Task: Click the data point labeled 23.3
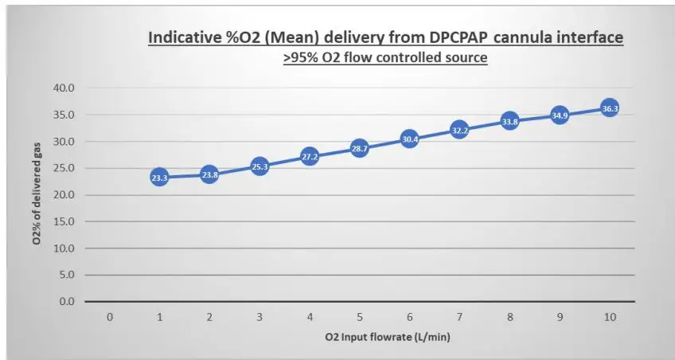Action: [159, 178]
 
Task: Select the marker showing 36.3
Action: [610, 108]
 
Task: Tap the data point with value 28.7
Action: [359, 149]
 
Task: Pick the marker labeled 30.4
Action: [409, 139]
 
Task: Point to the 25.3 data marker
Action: [259, 167]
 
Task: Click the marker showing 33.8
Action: [509, 122]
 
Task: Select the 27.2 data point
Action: [310, 157]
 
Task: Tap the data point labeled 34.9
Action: [560, 115]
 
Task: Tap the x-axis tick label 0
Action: [109, 317]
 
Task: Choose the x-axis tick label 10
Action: [610, 317]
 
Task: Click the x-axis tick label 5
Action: [359, 317]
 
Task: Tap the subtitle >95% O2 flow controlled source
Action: [385, 58]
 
